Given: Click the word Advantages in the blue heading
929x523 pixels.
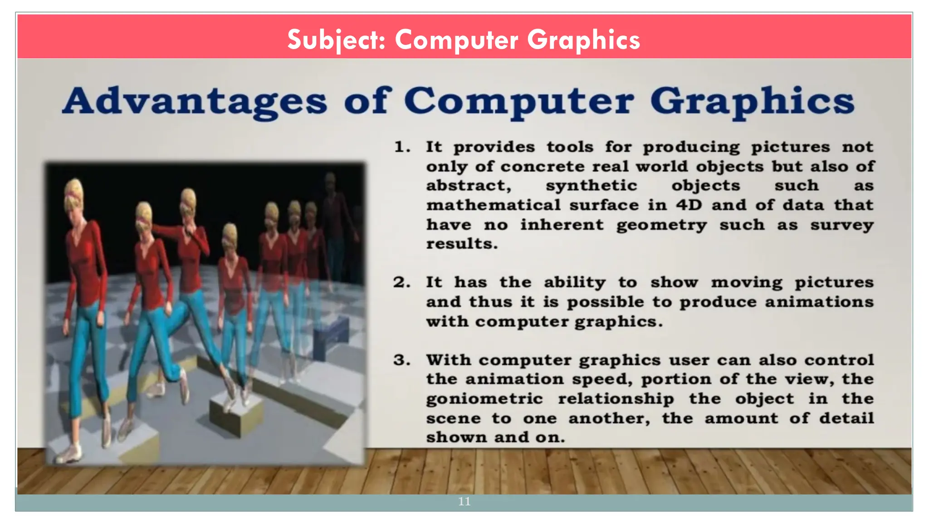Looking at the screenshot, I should (195, 101).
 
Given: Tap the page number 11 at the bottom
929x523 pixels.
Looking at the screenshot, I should (464, 502).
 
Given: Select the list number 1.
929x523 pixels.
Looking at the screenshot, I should (402, 147).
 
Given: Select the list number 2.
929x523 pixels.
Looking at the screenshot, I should (402, 282).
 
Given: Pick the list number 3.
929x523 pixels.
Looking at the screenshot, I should (402, 360).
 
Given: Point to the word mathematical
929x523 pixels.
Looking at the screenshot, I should (493, 205).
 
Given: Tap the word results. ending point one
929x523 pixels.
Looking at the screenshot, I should (461, 244).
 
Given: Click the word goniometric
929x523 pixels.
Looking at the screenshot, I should (484, 399).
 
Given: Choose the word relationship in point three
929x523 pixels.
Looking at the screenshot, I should (616, 399).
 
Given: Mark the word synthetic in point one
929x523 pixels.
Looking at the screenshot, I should (592, 186).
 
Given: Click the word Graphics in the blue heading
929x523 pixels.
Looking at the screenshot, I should (752, 101).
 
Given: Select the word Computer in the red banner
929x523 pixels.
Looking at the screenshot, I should (456, 40).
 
